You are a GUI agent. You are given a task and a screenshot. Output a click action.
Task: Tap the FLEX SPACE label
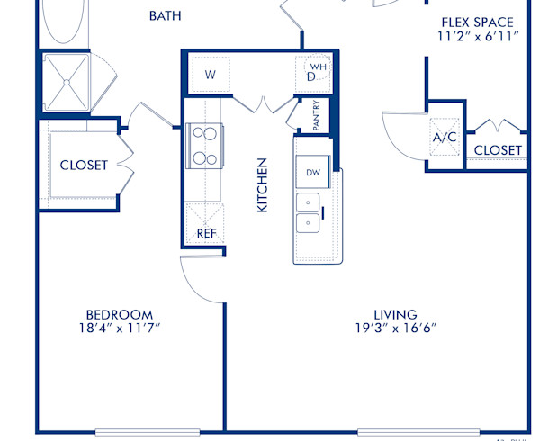[477, 22]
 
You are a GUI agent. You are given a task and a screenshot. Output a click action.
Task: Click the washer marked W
[210, 75]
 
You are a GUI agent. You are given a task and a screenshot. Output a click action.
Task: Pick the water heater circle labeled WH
[318, 67]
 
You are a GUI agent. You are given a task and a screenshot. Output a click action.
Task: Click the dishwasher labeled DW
[313, 172]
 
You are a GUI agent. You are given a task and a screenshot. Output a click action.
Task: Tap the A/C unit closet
[444, 138]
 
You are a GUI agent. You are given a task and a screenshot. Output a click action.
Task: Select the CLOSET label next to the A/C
[498, 149]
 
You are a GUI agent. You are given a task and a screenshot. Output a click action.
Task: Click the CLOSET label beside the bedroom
[84, 166]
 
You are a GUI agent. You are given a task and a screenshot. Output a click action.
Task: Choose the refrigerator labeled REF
[205, 233]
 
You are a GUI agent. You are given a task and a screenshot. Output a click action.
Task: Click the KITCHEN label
[263, 185]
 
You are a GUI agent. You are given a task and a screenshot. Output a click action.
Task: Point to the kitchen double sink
[309, 212]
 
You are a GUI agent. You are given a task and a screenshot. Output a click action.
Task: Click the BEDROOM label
[119, 314]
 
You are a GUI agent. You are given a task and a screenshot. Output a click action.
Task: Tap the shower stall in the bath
[67, 81]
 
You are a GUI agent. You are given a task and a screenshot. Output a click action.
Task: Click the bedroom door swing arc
[200, 279]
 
